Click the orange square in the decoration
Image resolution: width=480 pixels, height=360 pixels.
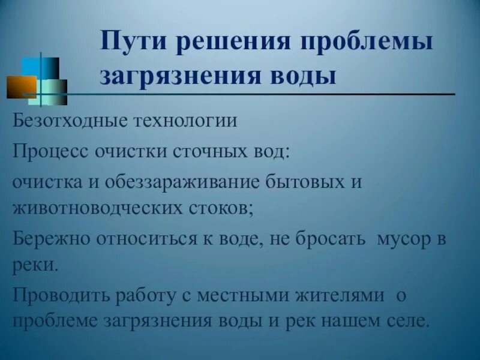click(22, 87)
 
